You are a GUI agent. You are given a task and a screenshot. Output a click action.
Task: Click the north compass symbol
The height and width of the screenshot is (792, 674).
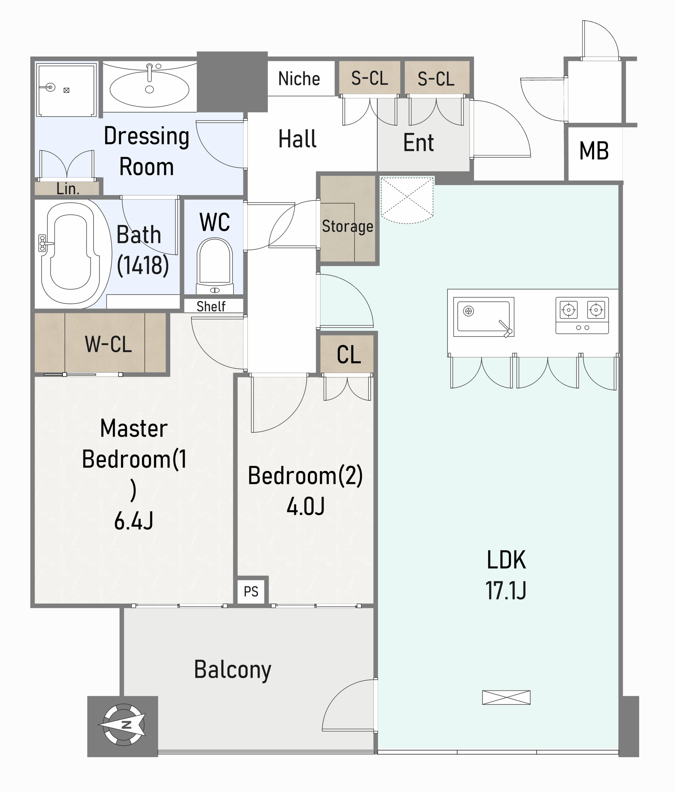tap(123, 725)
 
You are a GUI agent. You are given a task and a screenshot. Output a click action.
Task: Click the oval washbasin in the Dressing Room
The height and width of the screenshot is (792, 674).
tap(149, 89)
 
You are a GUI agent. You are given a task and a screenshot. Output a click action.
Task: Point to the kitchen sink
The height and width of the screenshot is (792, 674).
tap(484, 317)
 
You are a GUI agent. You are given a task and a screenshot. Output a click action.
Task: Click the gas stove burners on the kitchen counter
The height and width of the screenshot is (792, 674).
tap(582, 315)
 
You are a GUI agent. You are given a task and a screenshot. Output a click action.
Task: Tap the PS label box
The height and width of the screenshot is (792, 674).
tap(251, 592)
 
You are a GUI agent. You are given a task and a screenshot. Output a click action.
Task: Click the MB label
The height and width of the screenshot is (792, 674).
tap(594, 151)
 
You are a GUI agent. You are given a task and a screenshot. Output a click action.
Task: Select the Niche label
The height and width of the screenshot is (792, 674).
tap(299, 79)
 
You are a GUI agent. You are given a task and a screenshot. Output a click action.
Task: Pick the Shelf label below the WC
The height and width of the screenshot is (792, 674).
tap(211, 306)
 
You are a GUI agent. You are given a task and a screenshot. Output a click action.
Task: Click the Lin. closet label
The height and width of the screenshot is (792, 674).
tap(68, 189)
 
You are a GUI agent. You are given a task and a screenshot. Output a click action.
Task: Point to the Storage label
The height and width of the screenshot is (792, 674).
tap(348, 226)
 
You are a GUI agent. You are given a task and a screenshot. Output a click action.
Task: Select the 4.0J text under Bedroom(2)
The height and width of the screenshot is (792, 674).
tap(306, 506)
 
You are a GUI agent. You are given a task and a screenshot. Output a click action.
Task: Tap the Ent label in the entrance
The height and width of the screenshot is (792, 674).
tap(419, 143)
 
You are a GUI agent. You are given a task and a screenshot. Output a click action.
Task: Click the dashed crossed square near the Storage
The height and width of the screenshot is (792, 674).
tap(407, 200)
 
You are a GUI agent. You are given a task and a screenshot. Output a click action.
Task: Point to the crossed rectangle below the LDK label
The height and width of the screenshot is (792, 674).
tap(506, 698)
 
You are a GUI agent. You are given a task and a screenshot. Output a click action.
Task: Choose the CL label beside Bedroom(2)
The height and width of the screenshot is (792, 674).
tap(349, 355)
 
